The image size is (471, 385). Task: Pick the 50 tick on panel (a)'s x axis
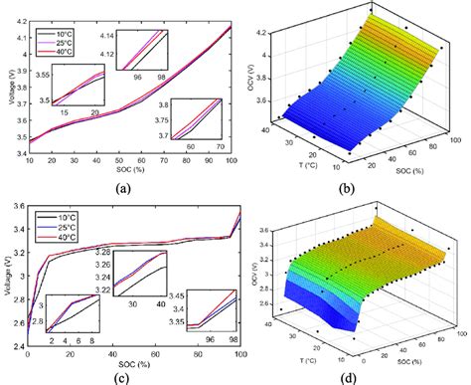point(133,160)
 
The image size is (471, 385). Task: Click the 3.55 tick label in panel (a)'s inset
point(41,74)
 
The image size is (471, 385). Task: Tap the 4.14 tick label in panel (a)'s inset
point(107,34)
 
